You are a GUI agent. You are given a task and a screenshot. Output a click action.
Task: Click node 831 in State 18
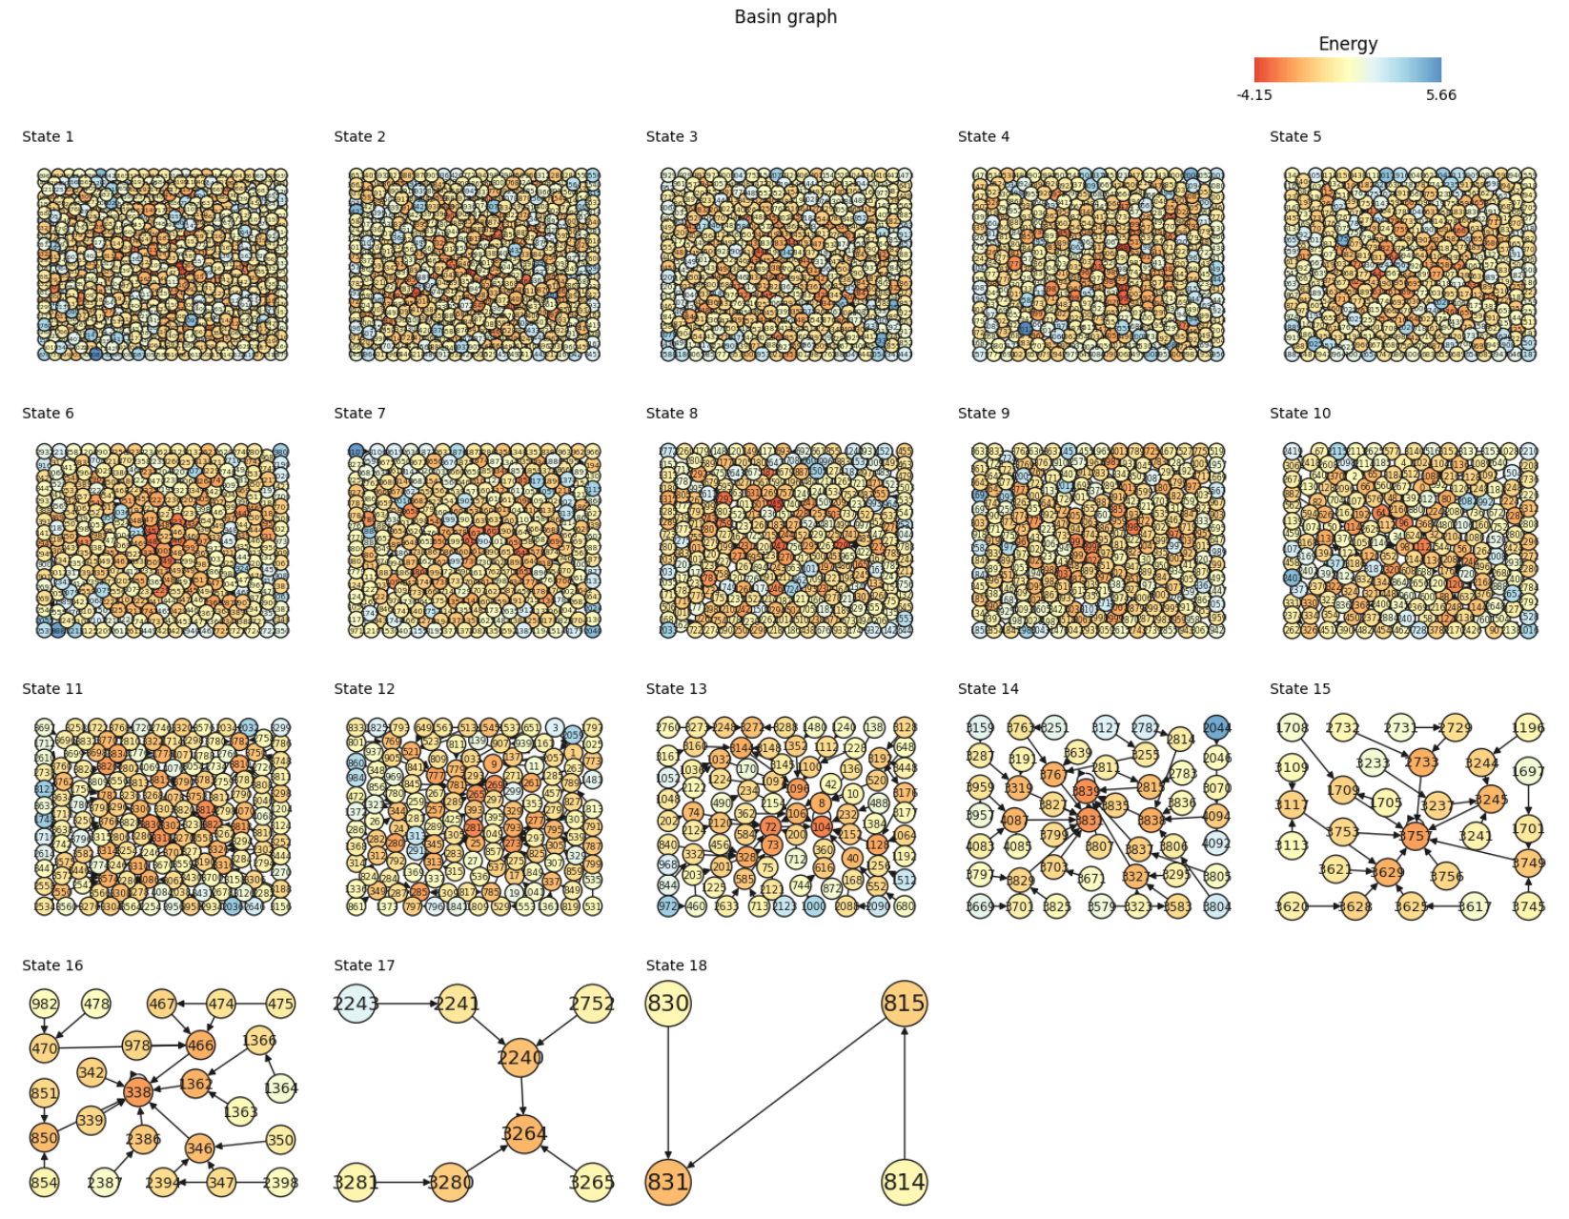coord(667,1182)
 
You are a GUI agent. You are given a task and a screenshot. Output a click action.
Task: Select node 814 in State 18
coord(904,1182)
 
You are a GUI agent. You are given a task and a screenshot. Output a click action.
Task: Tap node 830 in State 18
coord(667,1003)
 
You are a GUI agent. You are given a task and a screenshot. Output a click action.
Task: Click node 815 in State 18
coord(904,1003)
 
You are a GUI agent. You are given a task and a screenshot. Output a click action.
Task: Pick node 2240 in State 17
coord(520,1057)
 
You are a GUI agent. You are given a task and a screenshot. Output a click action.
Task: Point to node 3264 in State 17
coord(523,1133)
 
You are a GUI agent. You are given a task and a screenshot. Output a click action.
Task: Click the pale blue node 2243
coord(356,1003)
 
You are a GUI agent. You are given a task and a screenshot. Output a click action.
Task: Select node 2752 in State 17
coord(591,1003)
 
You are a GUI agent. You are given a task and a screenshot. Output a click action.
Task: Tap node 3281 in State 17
coord(356,1182)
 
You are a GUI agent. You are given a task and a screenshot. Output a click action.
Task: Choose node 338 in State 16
coord(137,1092)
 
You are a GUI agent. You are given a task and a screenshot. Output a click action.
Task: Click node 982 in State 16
coord(44,1004)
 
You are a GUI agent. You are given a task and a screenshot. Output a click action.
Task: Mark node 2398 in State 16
coord(280,1183)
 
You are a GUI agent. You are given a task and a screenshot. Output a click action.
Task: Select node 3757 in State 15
coord(1415,836)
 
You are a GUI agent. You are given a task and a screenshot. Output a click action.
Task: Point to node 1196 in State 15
coord(1528,728)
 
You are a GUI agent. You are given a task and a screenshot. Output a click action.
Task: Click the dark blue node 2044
coord(1216,728)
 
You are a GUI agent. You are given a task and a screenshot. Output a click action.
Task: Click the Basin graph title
coord(785,16)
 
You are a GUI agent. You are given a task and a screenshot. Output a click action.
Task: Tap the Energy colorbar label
coord(1347,44)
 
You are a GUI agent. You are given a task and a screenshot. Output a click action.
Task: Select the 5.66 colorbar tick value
coord(1440,94)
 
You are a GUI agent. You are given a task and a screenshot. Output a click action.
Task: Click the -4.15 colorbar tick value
coord(1254,94)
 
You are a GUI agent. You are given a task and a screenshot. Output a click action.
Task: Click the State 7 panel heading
coord(359,413)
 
